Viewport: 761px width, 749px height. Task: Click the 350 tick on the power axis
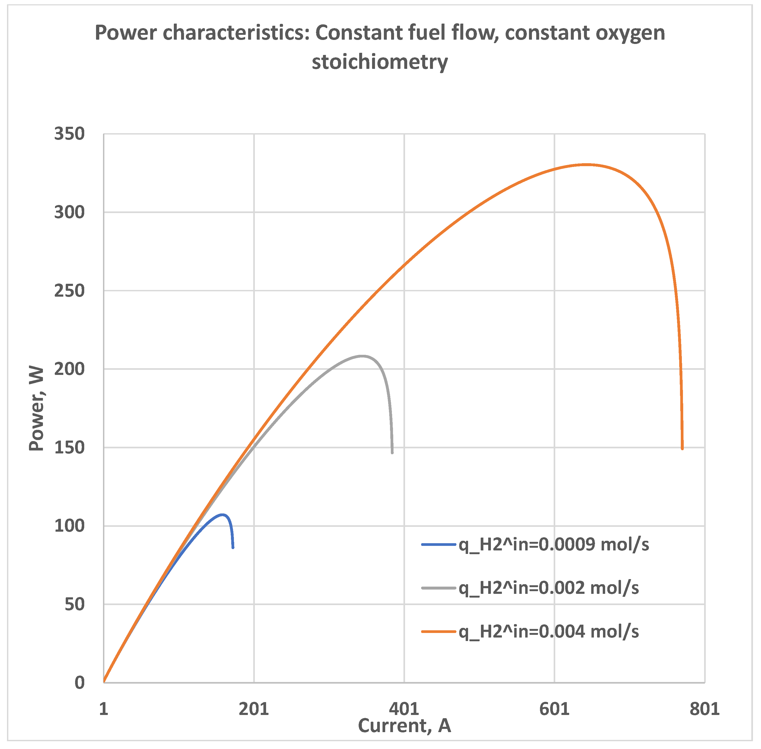[69, 134]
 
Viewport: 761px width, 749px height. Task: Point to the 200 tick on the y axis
[69, 369]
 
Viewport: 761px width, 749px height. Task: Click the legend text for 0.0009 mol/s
[554, 545]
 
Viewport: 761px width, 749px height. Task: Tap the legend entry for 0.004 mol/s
[548, 631]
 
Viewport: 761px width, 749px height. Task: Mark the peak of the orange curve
[587, 165]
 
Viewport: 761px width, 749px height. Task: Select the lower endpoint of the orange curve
[682, 448]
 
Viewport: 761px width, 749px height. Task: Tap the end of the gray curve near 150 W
[392, 453]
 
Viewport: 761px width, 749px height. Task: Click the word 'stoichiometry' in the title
[380, 62]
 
